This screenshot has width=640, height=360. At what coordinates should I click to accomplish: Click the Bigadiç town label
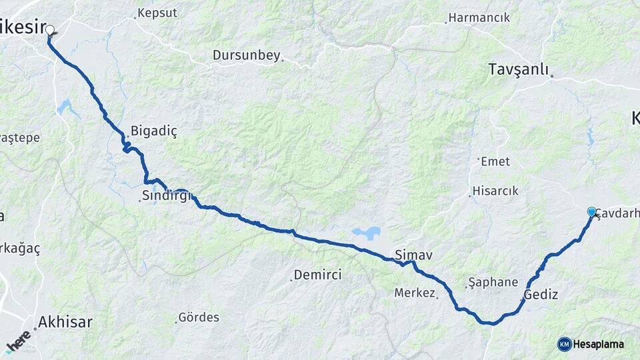click(154, 131)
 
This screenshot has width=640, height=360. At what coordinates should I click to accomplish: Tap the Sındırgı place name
click(167, 197)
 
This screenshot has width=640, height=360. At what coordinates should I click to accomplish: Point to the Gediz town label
click(541, 294)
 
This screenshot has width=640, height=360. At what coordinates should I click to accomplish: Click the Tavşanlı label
click(518, 69)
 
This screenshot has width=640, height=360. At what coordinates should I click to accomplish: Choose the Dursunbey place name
click(246, 55)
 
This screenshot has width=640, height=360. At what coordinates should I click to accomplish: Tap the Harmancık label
click(479, 17)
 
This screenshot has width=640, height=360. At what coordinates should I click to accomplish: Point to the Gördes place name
click(199, 317)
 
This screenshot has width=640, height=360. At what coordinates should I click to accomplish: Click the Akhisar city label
click(65, 322)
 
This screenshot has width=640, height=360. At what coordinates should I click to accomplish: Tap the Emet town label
click(495, 161)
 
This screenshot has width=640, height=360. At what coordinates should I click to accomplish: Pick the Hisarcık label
click(495, 191)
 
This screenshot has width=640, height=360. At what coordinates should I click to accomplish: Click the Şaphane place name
click(493, 282)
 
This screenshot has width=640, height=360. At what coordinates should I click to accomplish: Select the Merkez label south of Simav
click(415, 293)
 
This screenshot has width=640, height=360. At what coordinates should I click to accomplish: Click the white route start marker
click(50, 29)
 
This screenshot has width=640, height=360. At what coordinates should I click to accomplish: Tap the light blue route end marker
click(591, 211)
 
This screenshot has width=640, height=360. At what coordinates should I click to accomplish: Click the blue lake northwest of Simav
click(367, 233)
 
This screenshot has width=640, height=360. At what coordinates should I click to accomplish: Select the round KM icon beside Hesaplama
click(564, 344)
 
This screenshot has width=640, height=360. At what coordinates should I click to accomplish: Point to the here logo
click(18, 341)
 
